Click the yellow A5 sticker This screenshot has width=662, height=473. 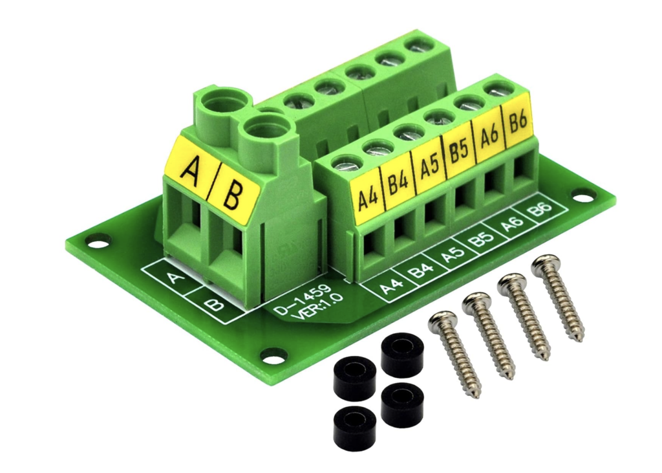[x=429, y=169]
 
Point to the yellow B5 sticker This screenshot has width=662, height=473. [x=459, y=154]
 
